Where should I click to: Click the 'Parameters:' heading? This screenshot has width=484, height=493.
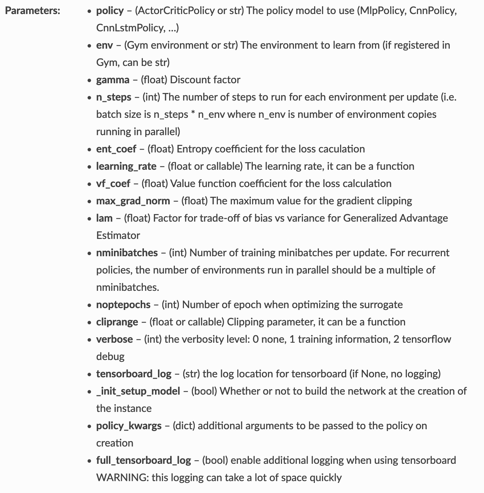[33, 10]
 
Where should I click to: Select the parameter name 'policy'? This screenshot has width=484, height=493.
[110, 11]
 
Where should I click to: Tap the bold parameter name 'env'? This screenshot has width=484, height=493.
[104, 45]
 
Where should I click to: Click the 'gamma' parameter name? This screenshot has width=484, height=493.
[113, 80]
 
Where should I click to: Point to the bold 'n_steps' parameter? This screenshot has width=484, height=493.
[114, 97]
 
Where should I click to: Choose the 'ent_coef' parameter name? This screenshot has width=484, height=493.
[116, 149]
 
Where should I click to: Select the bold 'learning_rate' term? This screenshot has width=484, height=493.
[126, 166]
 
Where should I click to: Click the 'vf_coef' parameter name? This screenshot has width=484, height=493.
[113, 184]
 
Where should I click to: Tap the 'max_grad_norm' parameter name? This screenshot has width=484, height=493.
[133, 201]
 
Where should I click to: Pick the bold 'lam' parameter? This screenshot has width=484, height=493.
[104, 218]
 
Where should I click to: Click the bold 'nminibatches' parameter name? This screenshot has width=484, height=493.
[127, 253]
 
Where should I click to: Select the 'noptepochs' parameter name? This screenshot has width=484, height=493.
[123, 305]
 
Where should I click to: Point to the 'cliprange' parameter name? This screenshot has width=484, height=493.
[117, 322]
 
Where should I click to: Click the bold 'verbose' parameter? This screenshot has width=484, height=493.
[114, 339]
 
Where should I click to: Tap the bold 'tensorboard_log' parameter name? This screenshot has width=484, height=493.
[134, 374]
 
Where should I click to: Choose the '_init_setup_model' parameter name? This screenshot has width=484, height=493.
[138, 391]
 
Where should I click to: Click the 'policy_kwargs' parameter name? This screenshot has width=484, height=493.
[129, 426]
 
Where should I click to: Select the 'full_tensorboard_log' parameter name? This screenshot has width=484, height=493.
[144, 461]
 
